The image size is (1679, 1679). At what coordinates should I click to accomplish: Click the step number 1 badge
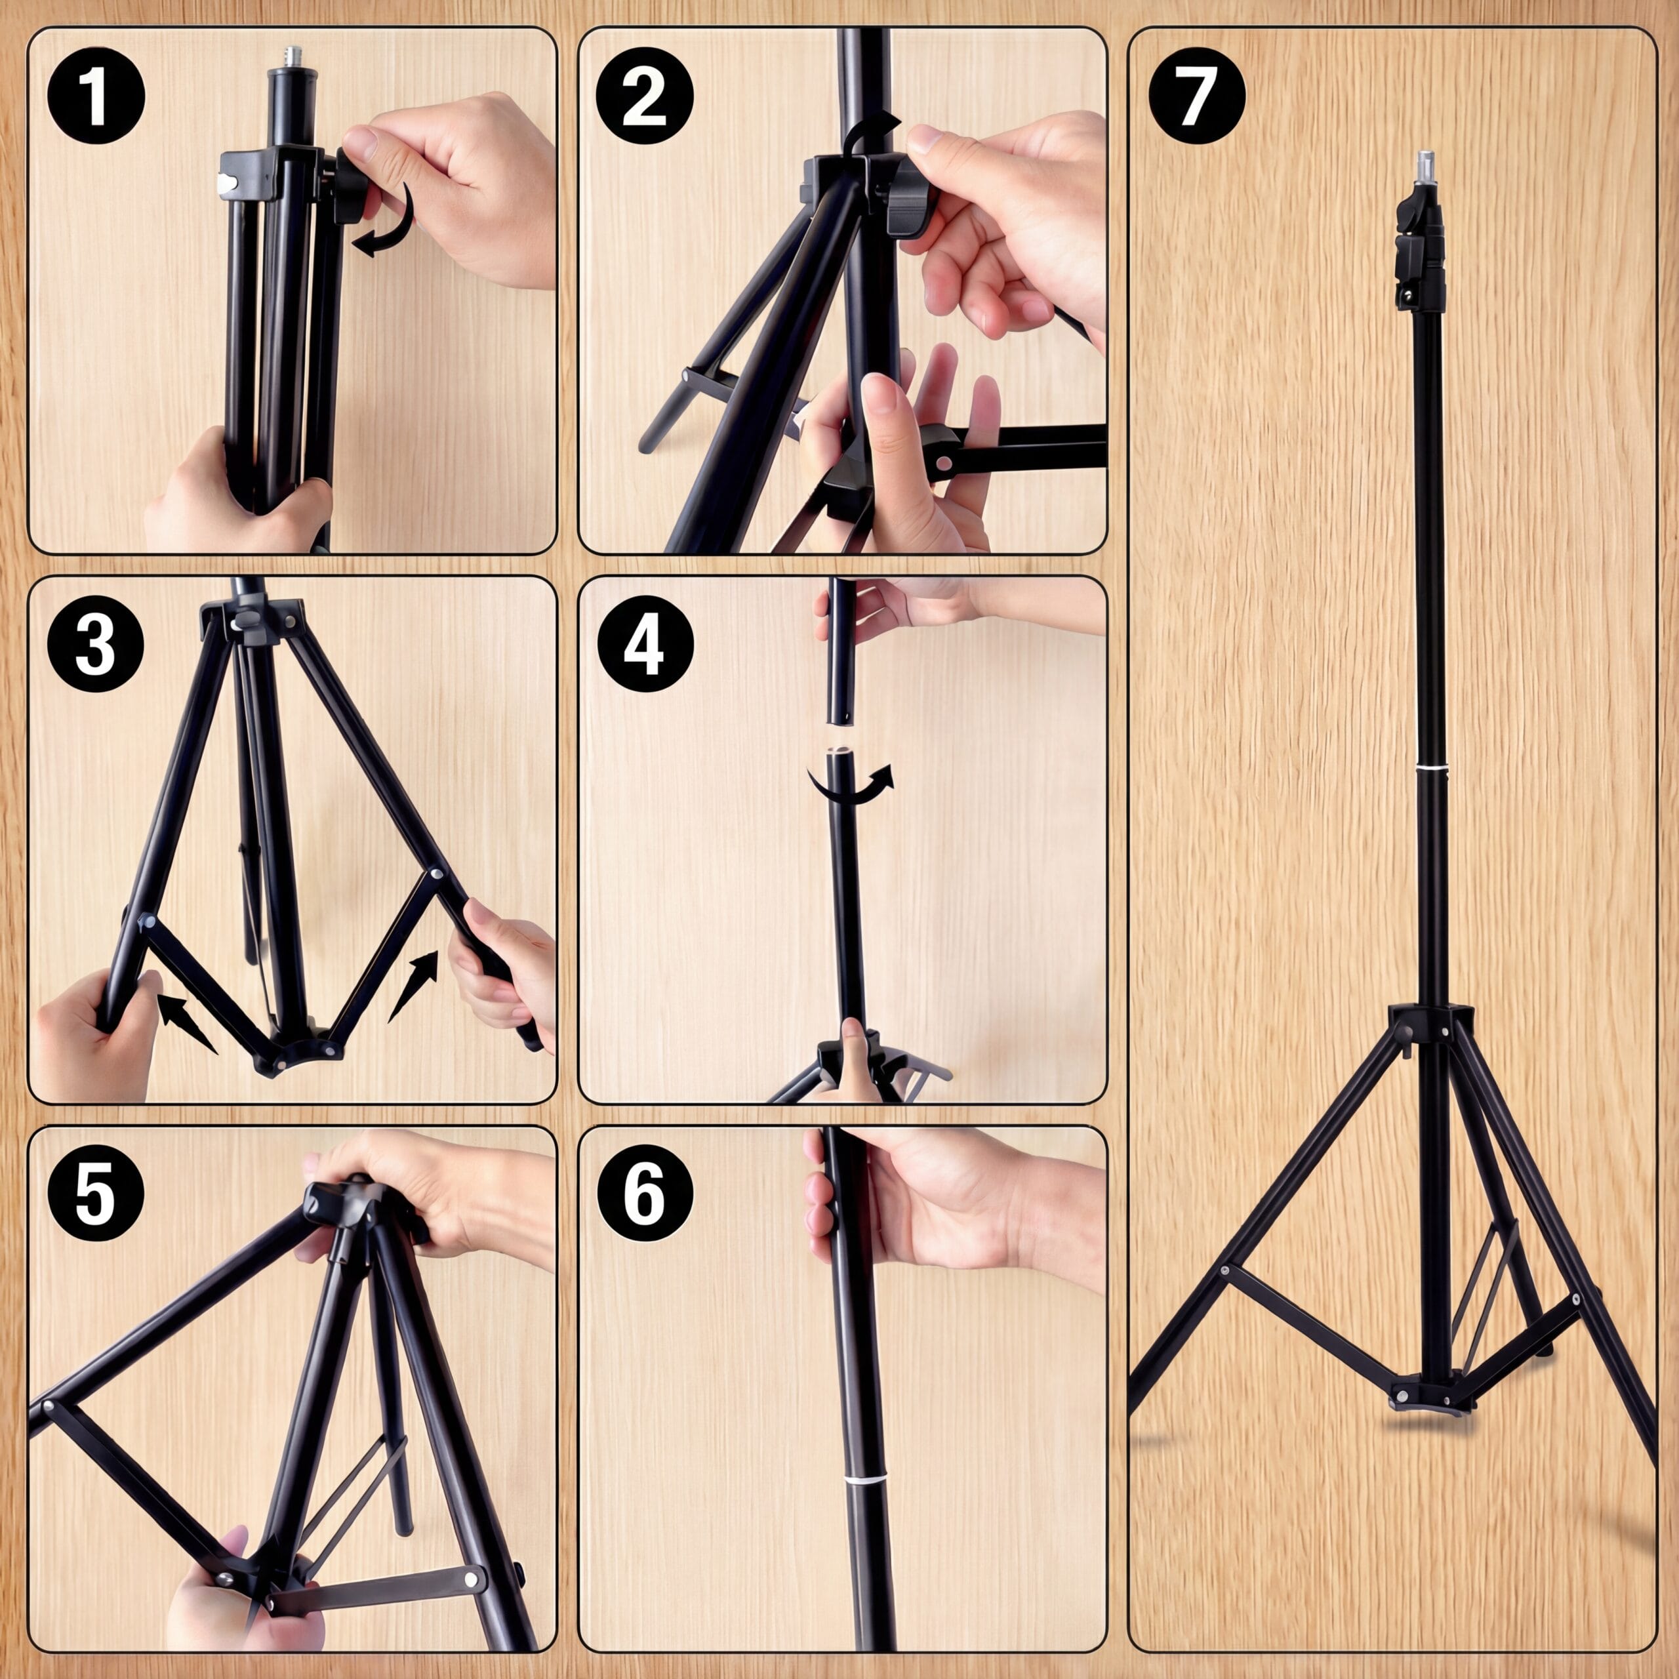(96, 96)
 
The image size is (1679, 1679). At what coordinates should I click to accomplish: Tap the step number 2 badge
(645, 96)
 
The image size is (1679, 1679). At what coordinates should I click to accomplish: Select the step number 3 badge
(96, 644)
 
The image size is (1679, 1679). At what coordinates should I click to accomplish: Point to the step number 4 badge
(645, 644)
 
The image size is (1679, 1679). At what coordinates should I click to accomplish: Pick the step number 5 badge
(96, 1193)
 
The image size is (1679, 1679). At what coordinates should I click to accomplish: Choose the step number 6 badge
(645, 1193)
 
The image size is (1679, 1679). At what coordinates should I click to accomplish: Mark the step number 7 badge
(1196, 96)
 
